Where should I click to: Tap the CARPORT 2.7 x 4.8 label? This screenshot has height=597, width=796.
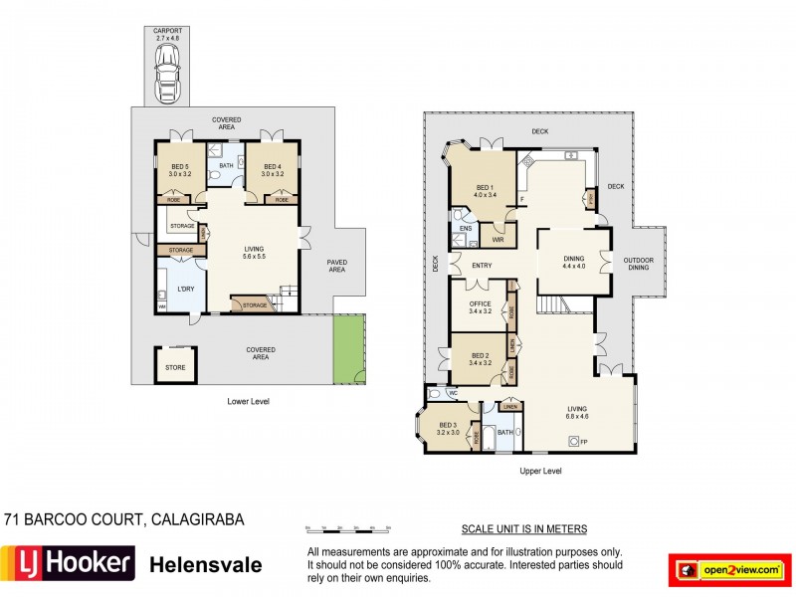(167, 35)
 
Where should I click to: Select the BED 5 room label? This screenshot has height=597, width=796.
(179, 170)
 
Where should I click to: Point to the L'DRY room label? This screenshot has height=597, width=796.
(185, 288)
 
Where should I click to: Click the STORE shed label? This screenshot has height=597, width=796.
(175, 367)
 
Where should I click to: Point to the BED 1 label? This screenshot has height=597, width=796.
(483, 191)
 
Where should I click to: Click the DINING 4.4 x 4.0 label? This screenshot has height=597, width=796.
(574, 262)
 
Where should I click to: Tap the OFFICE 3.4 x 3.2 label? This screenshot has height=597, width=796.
(481, 306)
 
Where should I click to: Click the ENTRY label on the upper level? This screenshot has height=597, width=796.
(482, 265)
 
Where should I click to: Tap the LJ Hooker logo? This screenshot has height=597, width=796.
(68, 564)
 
